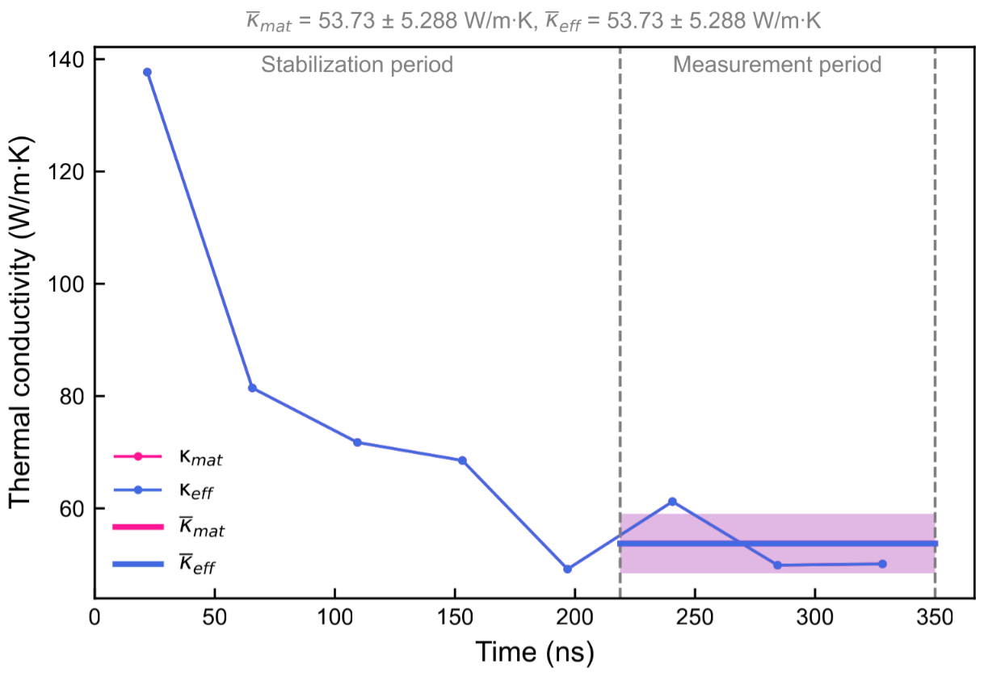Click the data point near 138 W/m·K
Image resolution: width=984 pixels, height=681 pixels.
click(x=147, y=72)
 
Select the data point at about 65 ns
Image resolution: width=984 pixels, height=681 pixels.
click(x=252, y=388)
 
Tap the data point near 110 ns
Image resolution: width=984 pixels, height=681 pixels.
click(x=357, y=442)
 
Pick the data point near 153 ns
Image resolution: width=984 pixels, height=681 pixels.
click(x=462, y=460)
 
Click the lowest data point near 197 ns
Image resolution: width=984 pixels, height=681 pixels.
click(x=567, y=569)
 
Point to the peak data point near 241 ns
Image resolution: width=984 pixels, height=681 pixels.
click(x=672, y=502)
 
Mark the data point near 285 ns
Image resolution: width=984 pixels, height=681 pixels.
click(x=777, y=565)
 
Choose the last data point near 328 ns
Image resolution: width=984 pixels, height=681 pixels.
click(x=882, y=564)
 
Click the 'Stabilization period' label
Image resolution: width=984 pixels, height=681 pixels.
click(x=357, y=65)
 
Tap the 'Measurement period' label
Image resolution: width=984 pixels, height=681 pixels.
click(x=777, y=65)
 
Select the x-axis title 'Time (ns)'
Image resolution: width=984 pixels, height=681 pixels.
click(x=534, y=651)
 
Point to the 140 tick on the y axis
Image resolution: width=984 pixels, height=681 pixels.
click(x=69, y=60)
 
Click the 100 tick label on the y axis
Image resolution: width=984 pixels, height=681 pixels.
click(x=69, y=284)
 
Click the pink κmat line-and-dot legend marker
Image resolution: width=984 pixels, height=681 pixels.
click(x=137, y=456)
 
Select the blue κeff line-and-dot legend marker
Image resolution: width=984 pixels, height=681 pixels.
click(x=137, y=490)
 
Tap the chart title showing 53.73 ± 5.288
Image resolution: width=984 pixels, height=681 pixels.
click(x=534, y=22)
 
